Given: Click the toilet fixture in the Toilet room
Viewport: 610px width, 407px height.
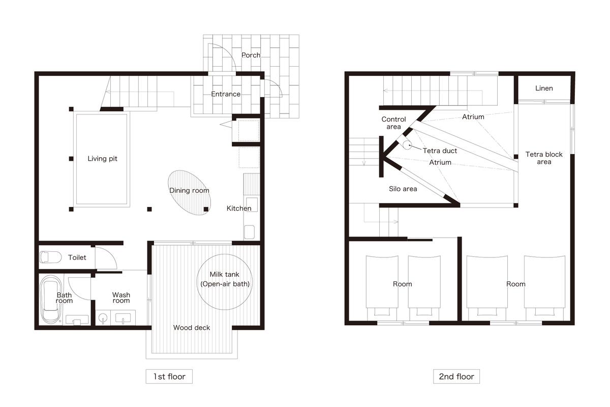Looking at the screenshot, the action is pyautogui.click(x=51, y=257).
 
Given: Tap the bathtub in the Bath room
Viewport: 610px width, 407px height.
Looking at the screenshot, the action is pyautogui.click(x=51, y=299).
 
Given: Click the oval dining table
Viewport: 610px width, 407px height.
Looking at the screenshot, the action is pyautogui.click(x=189, y=193).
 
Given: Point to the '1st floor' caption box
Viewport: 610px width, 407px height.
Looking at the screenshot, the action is pyautogui.click(x=169, y=376).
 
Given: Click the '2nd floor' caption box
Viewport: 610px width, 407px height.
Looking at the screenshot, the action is pyautogui.click(x=456, y=376).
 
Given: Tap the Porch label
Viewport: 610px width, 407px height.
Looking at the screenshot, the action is pyautogui.click(x=251, y=55).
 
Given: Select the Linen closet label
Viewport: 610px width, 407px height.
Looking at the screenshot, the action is pyautogui.click(x=544, y=88).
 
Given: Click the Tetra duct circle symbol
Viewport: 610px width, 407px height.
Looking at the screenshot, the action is pyautogui.click(x=407, y=145).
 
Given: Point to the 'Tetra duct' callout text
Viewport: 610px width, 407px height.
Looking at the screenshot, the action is pyautogui.click(x=440, y=151).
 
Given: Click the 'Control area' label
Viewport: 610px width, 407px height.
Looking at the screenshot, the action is pyautogui.click(x=393, y=123).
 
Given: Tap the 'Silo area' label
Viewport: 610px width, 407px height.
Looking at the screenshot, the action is pyautogui.click(x=403, y=189).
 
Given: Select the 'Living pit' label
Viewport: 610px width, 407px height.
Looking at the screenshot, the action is pyautogui.click(x=102, y=159).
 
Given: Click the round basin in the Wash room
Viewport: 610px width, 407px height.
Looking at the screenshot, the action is pyautogui.click(x=103, y=317).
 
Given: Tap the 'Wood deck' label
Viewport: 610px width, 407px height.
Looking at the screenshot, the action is pyautogui.click(x=192, y=328).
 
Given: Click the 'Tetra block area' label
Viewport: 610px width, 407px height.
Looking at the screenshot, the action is pyautogui.click(x=544, y=158).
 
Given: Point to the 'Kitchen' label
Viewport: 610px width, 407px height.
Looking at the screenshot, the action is pyautogui.click(x=239, y=208).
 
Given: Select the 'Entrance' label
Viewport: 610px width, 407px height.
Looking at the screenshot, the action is pyautogui.click(x=226, y=94).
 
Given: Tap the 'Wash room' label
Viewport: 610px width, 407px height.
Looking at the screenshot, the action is pyautogui.click(x=121, y=298).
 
